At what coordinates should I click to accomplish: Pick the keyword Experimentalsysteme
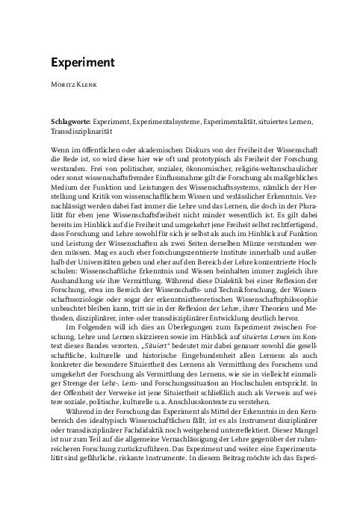tap(173, 120)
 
